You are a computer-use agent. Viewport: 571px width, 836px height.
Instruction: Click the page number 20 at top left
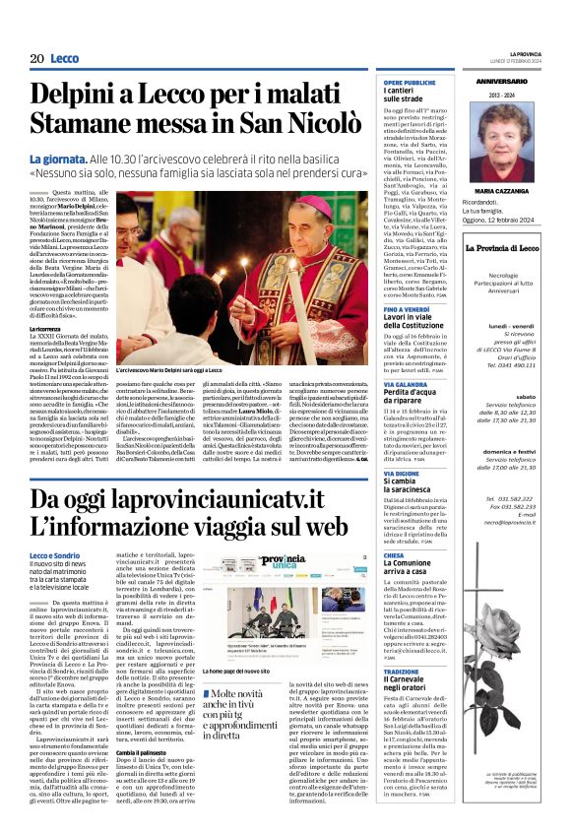tap(35, 59)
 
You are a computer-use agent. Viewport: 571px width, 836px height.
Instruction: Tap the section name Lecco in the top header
tap(64, 59)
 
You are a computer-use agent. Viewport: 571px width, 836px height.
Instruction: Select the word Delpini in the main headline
tap(75, 94)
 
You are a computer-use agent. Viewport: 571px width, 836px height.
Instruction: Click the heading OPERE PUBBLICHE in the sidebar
tap(410, 83)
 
